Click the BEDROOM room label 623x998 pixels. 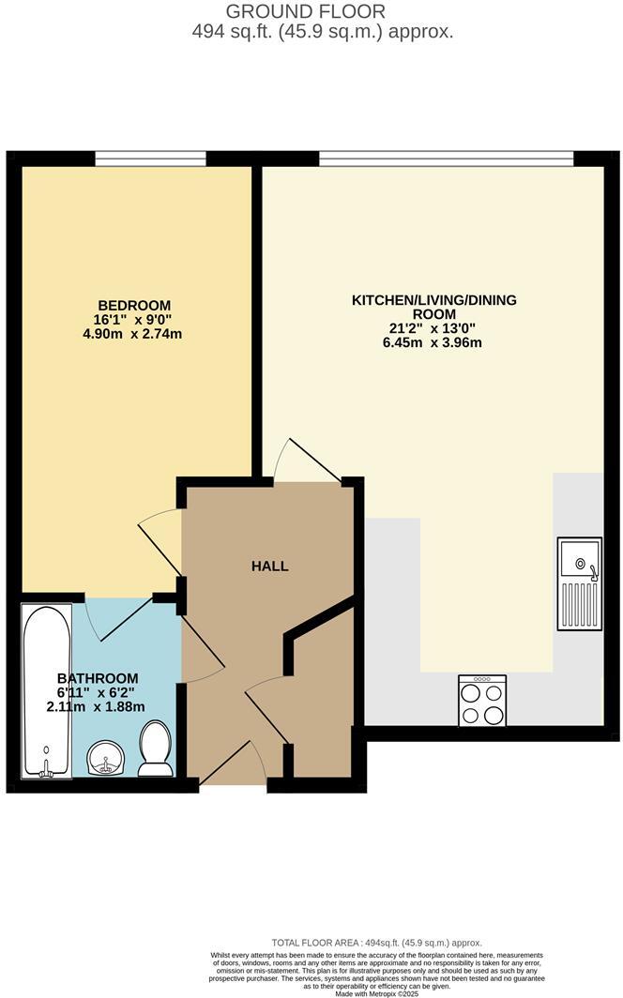134,305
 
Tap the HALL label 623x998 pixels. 269,566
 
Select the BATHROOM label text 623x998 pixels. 98,678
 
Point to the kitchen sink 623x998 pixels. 579,582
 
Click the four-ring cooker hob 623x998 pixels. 482,701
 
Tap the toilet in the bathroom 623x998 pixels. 155,749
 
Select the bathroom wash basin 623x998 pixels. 106,758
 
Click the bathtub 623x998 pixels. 46,690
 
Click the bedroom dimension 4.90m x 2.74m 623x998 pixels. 132,333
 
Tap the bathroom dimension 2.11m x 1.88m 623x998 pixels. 97,707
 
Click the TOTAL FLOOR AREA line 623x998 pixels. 376,943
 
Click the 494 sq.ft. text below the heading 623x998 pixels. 322,31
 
